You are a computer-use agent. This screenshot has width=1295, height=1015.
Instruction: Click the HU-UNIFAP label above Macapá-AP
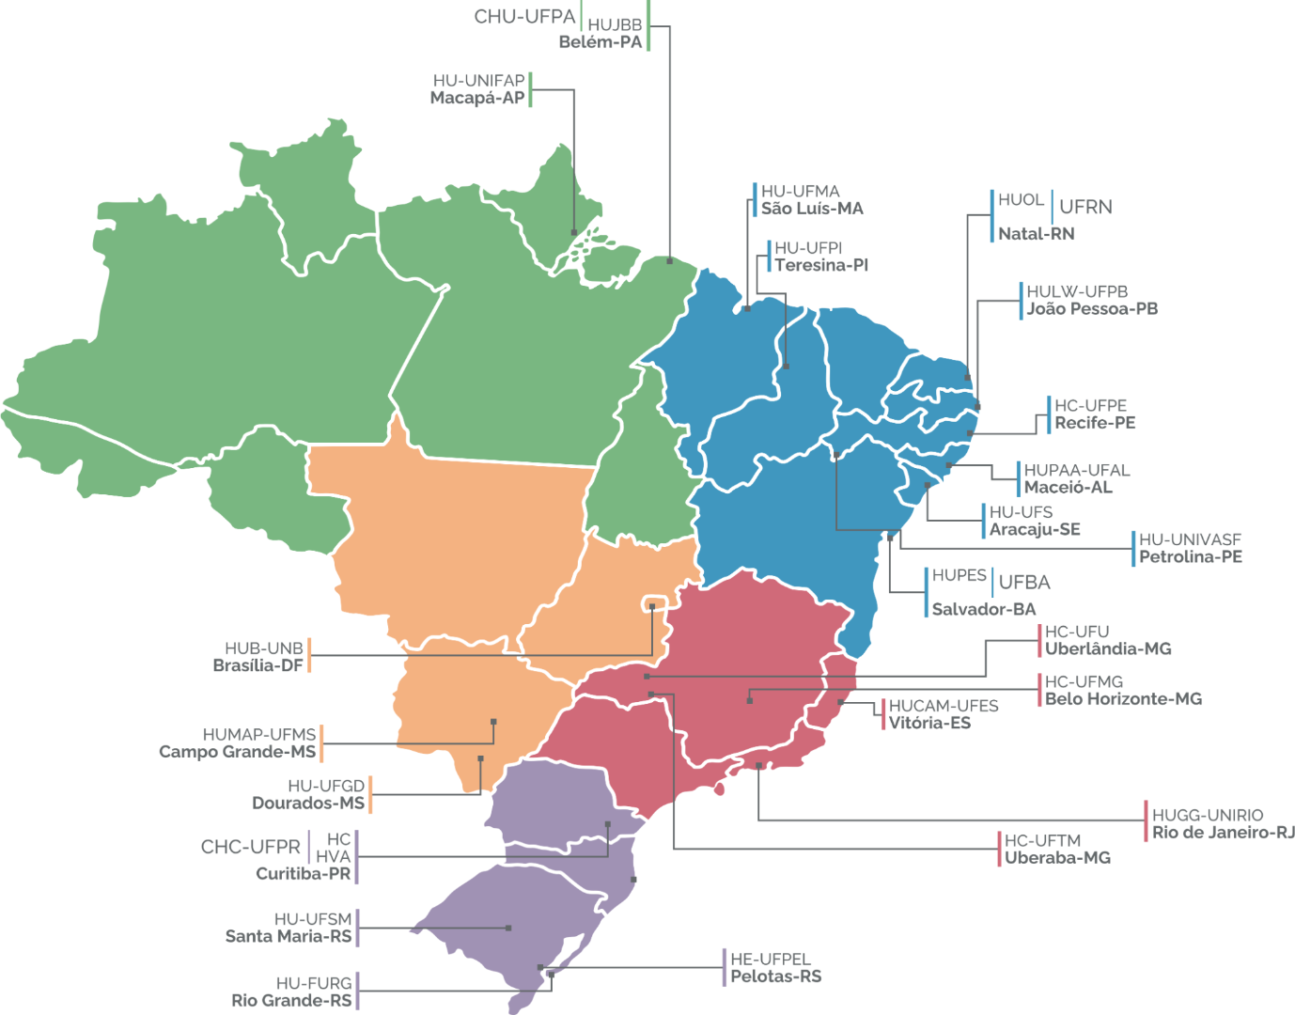click(x=478, y=81)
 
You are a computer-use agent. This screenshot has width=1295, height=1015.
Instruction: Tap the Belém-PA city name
click(x=600, y=42)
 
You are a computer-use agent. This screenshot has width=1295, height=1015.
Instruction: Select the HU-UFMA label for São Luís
click(x=800, y=192)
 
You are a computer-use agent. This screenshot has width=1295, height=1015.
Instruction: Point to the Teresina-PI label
click(x=820, y=265)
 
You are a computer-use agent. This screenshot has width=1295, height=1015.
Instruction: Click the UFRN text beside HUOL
click(x=1085, y=207)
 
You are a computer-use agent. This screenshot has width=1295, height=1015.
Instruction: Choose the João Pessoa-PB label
click(x=1091, y=309)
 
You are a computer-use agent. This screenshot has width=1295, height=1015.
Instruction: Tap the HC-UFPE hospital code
click(x=1090, y=406)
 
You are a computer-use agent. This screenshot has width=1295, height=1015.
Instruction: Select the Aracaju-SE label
click(x=1034, y=529)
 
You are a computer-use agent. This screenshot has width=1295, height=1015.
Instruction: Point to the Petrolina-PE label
click(x=1190, y=556)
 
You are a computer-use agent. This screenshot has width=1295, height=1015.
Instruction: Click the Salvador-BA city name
click(x=983, y=609)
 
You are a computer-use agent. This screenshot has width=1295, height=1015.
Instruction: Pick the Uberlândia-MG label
click(x=1107, y=648)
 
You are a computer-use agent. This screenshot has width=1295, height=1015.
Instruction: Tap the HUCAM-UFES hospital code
click(x=943, y=706)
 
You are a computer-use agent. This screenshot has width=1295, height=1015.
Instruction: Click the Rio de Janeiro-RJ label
click(x=1223, y=832)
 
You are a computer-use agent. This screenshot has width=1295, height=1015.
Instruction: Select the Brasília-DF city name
click(x=257, y=665)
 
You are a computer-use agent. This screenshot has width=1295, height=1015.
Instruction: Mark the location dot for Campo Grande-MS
click(x=493, y=722)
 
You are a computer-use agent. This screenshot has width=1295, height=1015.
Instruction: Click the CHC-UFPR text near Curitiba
click(x=250, y=847)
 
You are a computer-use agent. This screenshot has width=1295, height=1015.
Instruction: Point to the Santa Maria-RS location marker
click(x=508, y=928)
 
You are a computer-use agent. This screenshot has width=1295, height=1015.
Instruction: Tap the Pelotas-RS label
click(x=775, y=976)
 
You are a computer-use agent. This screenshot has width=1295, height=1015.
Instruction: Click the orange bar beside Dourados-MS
click(x=370, y=794)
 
